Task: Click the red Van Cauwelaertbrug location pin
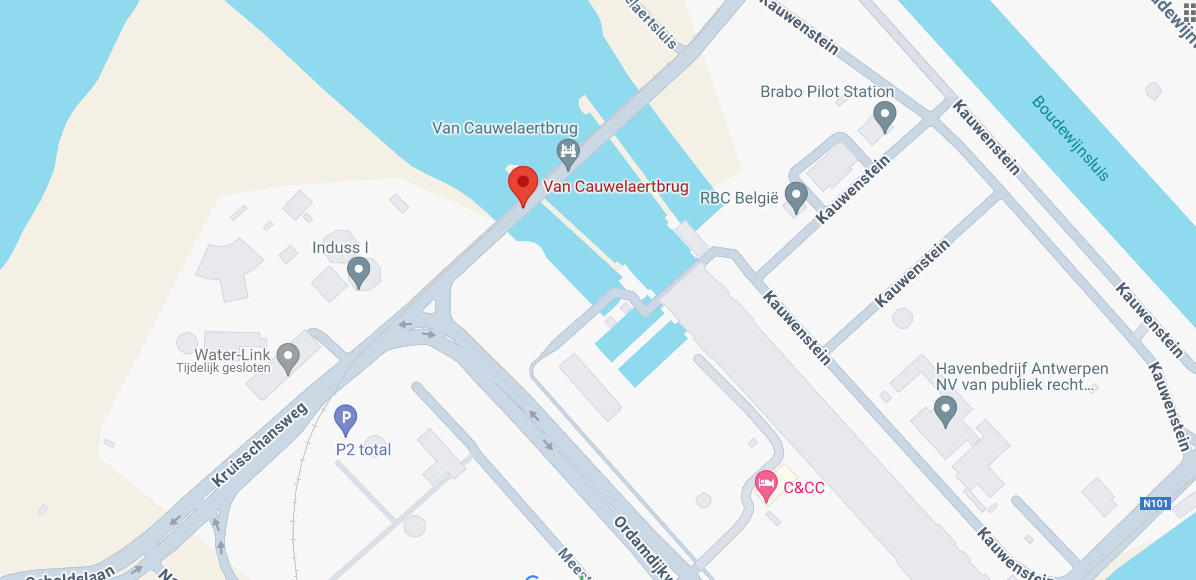[x=523, y=183]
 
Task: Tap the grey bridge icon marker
[x=568, y=151]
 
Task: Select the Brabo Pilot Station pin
[x=884, y=114]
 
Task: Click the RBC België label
[x=739, y=198]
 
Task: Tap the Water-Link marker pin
[x=288, y=357]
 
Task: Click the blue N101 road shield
[x=1155, y=503]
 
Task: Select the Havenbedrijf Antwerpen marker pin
[x=945, y=409]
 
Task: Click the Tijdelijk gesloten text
[x=223, y=368]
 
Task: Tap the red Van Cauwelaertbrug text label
[x=616, y=186]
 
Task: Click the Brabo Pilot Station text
[x=827, y=91]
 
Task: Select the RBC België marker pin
[x=796, y=195]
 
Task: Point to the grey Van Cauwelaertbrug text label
[x=505, y=128]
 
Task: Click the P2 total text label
[x=363, y=449]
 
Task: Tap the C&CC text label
[x=804, y=487]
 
